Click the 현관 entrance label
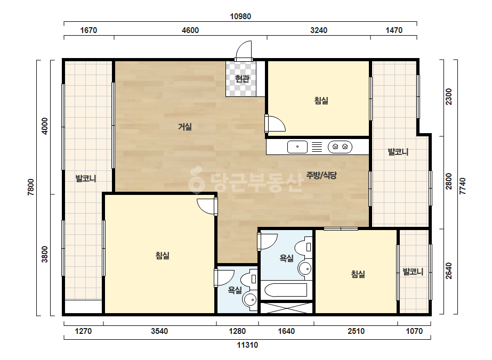pyautogui.click(x=242, y=78)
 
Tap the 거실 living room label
pyautogui.click(x=185, y=127)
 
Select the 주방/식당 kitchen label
pyautogui.click(x=321, y=175)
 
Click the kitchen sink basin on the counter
pyautogui.click(x=297, y=147)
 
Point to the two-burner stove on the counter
pyautogui.click(x=340, y=147)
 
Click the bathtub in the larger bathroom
pyautogui.click(x=286, y=290)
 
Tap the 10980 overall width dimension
pyautogui.click(x=240, y=17)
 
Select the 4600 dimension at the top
pyautogui.click(x=190, y=30)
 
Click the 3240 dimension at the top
pyautogui.click(x=319, y=30)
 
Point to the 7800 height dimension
pyautogui.click(x=31, y=187)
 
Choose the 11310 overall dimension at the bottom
pyautogui.click(x=247, y=345)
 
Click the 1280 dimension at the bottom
pyautogui.click(x=237, y=331)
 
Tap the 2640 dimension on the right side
pyautogui.click(x=449, y=271)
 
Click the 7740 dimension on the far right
pyautogui.click(x=463, y=186)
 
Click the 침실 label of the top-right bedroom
pyautogui.click(x=321, y=101)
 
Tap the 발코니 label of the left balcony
pyautogui.click(x=86, y=179)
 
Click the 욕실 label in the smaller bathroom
pyautogui.click(x=235, y=290)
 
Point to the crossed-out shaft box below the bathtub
pyautogui.click(x=286, y=308)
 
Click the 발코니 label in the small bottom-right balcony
pyautogui.click(x=413, y=272)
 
